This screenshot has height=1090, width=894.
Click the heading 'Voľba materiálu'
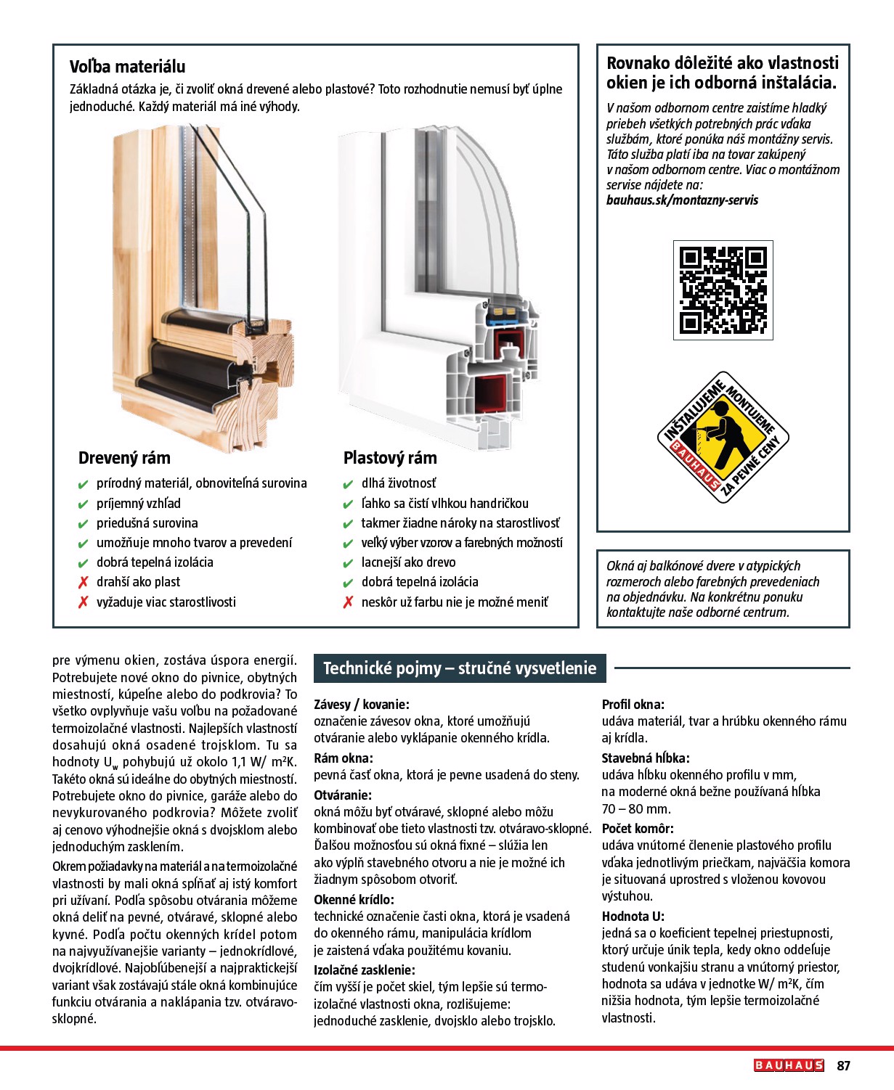tap(127, 67)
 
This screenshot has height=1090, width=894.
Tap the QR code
tap(723, 290)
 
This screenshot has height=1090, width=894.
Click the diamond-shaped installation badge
tap(723, 438)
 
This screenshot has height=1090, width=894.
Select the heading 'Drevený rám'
tap(124, 458)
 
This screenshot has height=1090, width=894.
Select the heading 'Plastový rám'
tap(390, 458)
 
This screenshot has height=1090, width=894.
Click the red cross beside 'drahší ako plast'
tap(84, 582)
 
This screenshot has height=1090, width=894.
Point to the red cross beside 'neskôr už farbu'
tap(349, 602)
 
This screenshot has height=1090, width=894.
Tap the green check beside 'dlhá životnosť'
tap(349, 484)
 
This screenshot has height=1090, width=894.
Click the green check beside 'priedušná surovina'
tap(84, 524)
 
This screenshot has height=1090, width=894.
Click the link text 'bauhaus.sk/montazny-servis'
tap(682, 200)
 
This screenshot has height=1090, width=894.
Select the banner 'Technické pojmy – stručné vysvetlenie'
tap(460, 668)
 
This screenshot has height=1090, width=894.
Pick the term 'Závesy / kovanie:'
tap(362, 704)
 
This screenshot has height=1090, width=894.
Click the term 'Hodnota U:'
tap(633, 917)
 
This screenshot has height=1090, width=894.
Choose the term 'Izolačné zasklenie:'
tap(365, 970)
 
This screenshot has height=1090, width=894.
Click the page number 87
tap(843, 1065)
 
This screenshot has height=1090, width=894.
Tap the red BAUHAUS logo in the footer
tap(789, 1065)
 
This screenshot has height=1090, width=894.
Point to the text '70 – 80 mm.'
tap(636, 809)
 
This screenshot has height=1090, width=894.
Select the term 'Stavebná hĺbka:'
tap(646, 758)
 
